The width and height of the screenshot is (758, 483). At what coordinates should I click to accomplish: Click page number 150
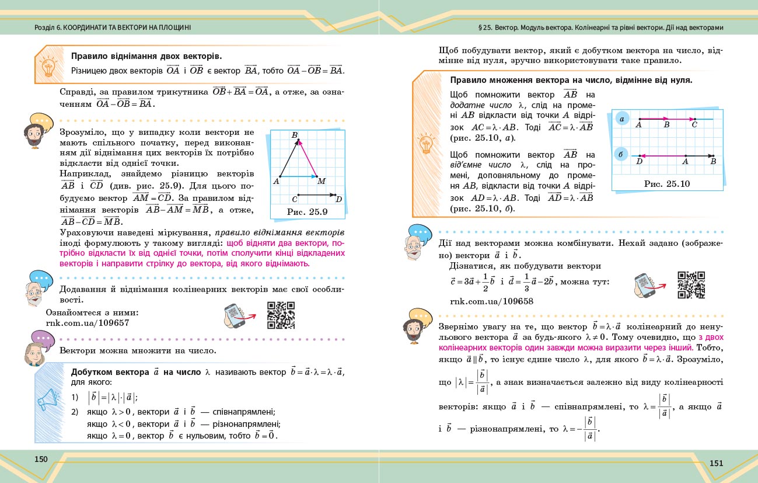point(41,459)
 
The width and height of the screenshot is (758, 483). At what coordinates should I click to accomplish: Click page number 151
point(716,463)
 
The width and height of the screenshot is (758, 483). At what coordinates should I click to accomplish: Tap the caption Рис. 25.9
point(308,211)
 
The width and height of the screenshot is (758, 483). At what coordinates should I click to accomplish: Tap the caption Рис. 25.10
point(667,183)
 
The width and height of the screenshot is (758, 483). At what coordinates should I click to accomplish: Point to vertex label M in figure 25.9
point(322,182)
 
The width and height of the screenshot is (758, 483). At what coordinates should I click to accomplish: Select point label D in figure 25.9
point(338,200)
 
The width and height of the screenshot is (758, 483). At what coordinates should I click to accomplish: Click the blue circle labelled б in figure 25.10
point(622,155)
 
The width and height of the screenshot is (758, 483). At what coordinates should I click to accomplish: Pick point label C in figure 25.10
point(694,124)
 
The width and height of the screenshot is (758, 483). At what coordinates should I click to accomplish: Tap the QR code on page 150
point(281,315)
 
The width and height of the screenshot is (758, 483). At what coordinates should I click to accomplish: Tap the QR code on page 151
point(691,285)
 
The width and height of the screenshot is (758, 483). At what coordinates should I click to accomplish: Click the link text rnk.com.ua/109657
point(87,322)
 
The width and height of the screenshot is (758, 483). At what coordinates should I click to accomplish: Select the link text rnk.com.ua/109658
point(492,301)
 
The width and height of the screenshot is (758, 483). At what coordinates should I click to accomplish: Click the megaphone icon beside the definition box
point(48,399)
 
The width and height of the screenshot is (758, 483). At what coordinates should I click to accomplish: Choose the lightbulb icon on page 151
point(427,143)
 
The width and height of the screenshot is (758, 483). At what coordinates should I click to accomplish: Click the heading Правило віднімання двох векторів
point(146,57)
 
